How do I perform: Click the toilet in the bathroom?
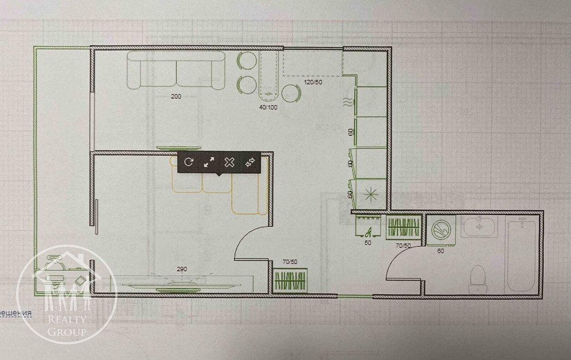[476, 277]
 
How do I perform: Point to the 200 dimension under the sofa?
[176, 97]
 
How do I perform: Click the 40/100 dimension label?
[268, 106]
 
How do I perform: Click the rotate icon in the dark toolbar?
[188, 162]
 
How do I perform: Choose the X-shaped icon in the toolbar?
[229, 162]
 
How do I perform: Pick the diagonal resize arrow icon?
[208, 162]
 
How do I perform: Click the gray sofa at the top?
[175, 70]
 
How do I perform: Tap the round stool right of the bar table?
[291, 93]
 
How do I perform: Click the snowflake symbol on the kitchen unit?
[370, 193]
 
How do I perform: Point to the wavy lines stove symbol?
[347, 103]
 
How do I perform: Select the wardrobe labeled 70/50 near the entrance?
[291, 281]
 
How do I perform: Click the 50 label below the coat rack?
[368, 243]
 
